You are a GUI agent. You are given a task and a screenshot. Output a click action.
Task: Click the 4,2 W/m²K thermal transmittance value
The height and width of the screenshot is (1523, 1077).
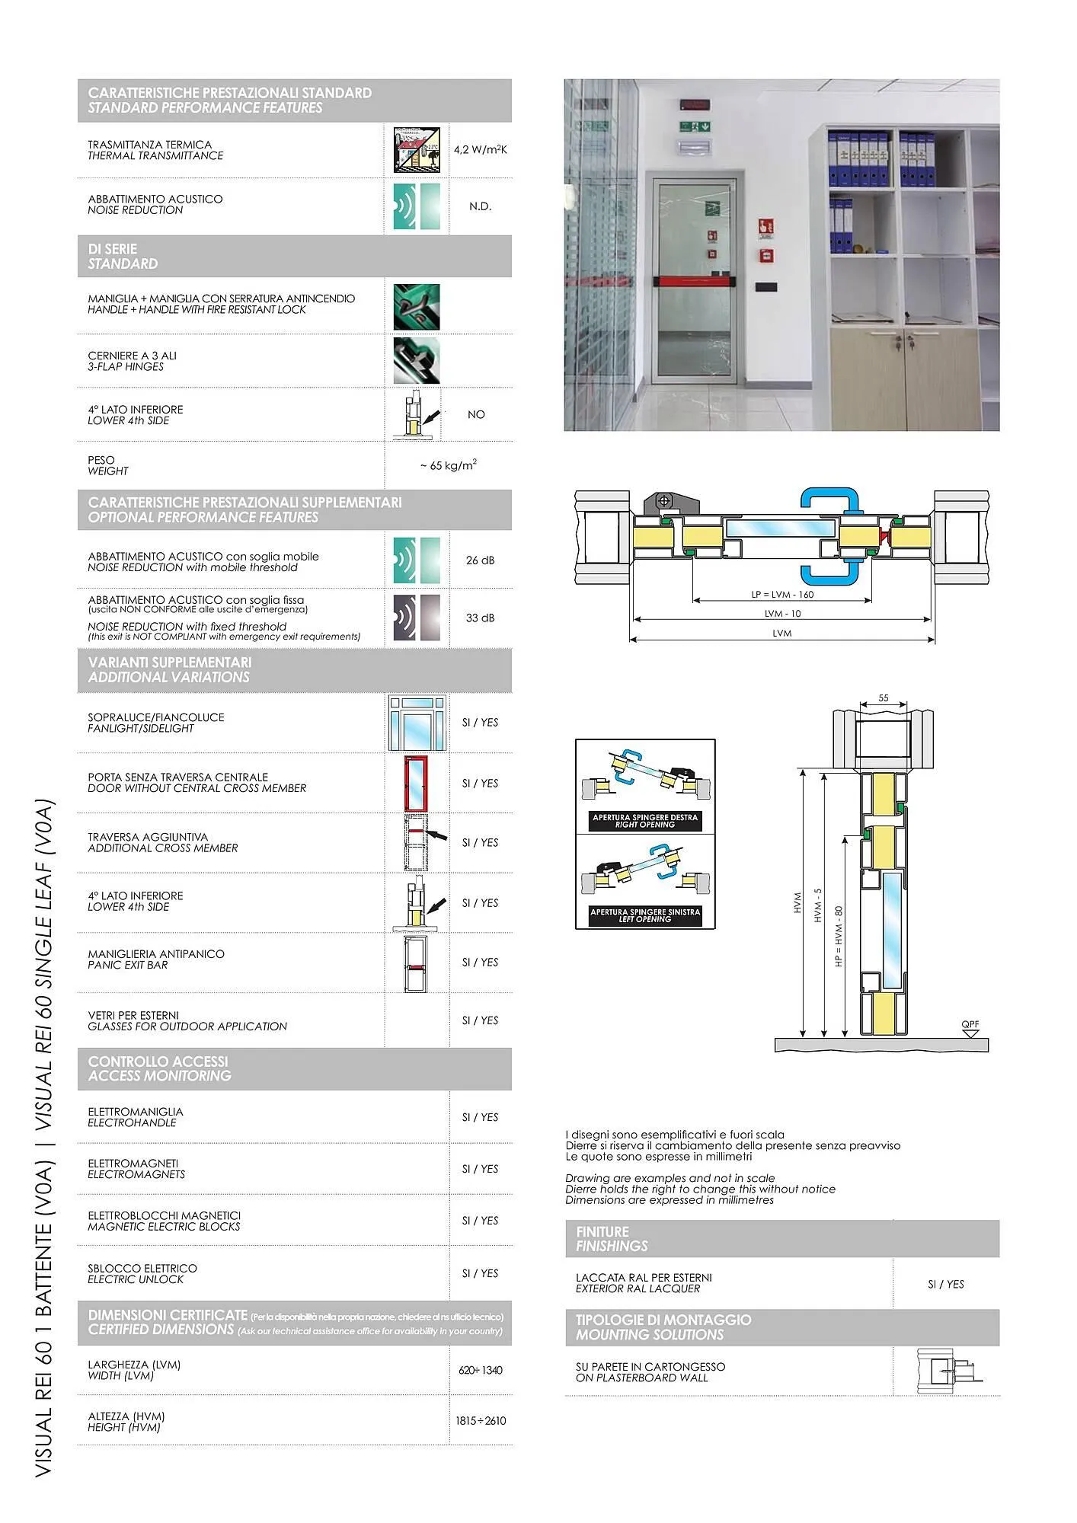(x=480, y=150)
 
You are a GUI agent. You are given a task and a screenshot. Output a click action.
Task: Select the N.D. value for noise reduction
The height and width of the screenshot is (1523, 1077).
(x=480, y=206)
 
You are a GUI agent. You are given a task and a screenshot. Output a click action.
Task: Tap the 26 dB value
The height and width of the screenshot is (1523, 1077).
(x=480, y=560)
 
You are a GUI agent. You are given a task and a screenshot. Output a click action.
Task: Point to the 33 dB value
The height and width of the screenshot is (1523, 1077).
(x=480, y=618)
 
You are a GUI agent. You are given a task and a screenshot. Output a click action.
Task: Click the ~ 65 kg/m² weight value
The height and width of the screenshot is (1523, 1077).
(x=448, y=465)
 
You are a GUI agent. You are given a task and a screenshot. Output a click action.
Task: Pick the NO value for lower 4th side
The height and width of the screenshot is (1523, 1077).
(x=476, y=414)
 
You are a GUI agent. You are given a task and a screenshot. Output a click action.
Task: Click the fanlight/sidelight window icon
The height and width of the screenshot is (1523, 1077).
(x=417, y=723)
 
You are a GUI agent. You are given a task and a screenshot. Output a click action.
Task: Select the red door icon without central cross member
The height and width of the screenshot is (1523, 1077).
(x=416, y=783)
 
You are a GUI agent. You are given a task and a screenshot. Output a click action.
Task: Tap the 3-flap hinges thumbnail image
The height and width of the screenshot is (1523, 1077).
(x=416, y=361)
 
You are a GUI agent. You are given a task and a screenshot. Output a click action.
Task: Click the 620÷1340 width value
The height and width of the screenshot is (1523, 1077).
(x=480, y=1370)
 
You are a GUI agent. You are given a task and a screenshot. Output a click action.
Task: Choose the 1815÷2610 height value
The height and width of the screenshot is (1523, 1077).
(x=480, y=1421)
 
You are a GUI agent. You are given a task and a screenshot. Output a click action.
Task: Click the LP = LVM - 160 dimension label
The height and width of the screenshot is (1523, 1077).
(x=782, y=595)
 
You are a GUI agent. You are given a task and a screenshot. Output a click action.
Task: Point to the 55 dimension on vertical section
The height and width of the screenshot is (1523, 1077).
(x=883, y=698)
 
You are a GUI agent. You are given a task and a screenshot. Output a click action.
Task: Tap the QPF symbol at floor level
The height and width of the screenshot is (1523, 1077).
(x=970, y=1027)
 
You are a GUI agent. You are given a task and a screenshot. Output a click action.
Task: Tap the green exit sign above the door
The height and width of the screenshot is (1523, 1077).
(x=695, y=126)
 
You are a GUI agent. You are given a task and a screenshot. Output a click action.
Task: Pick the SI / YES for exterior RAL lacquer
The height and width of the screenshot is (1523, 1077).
(x=945, y=1284)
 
